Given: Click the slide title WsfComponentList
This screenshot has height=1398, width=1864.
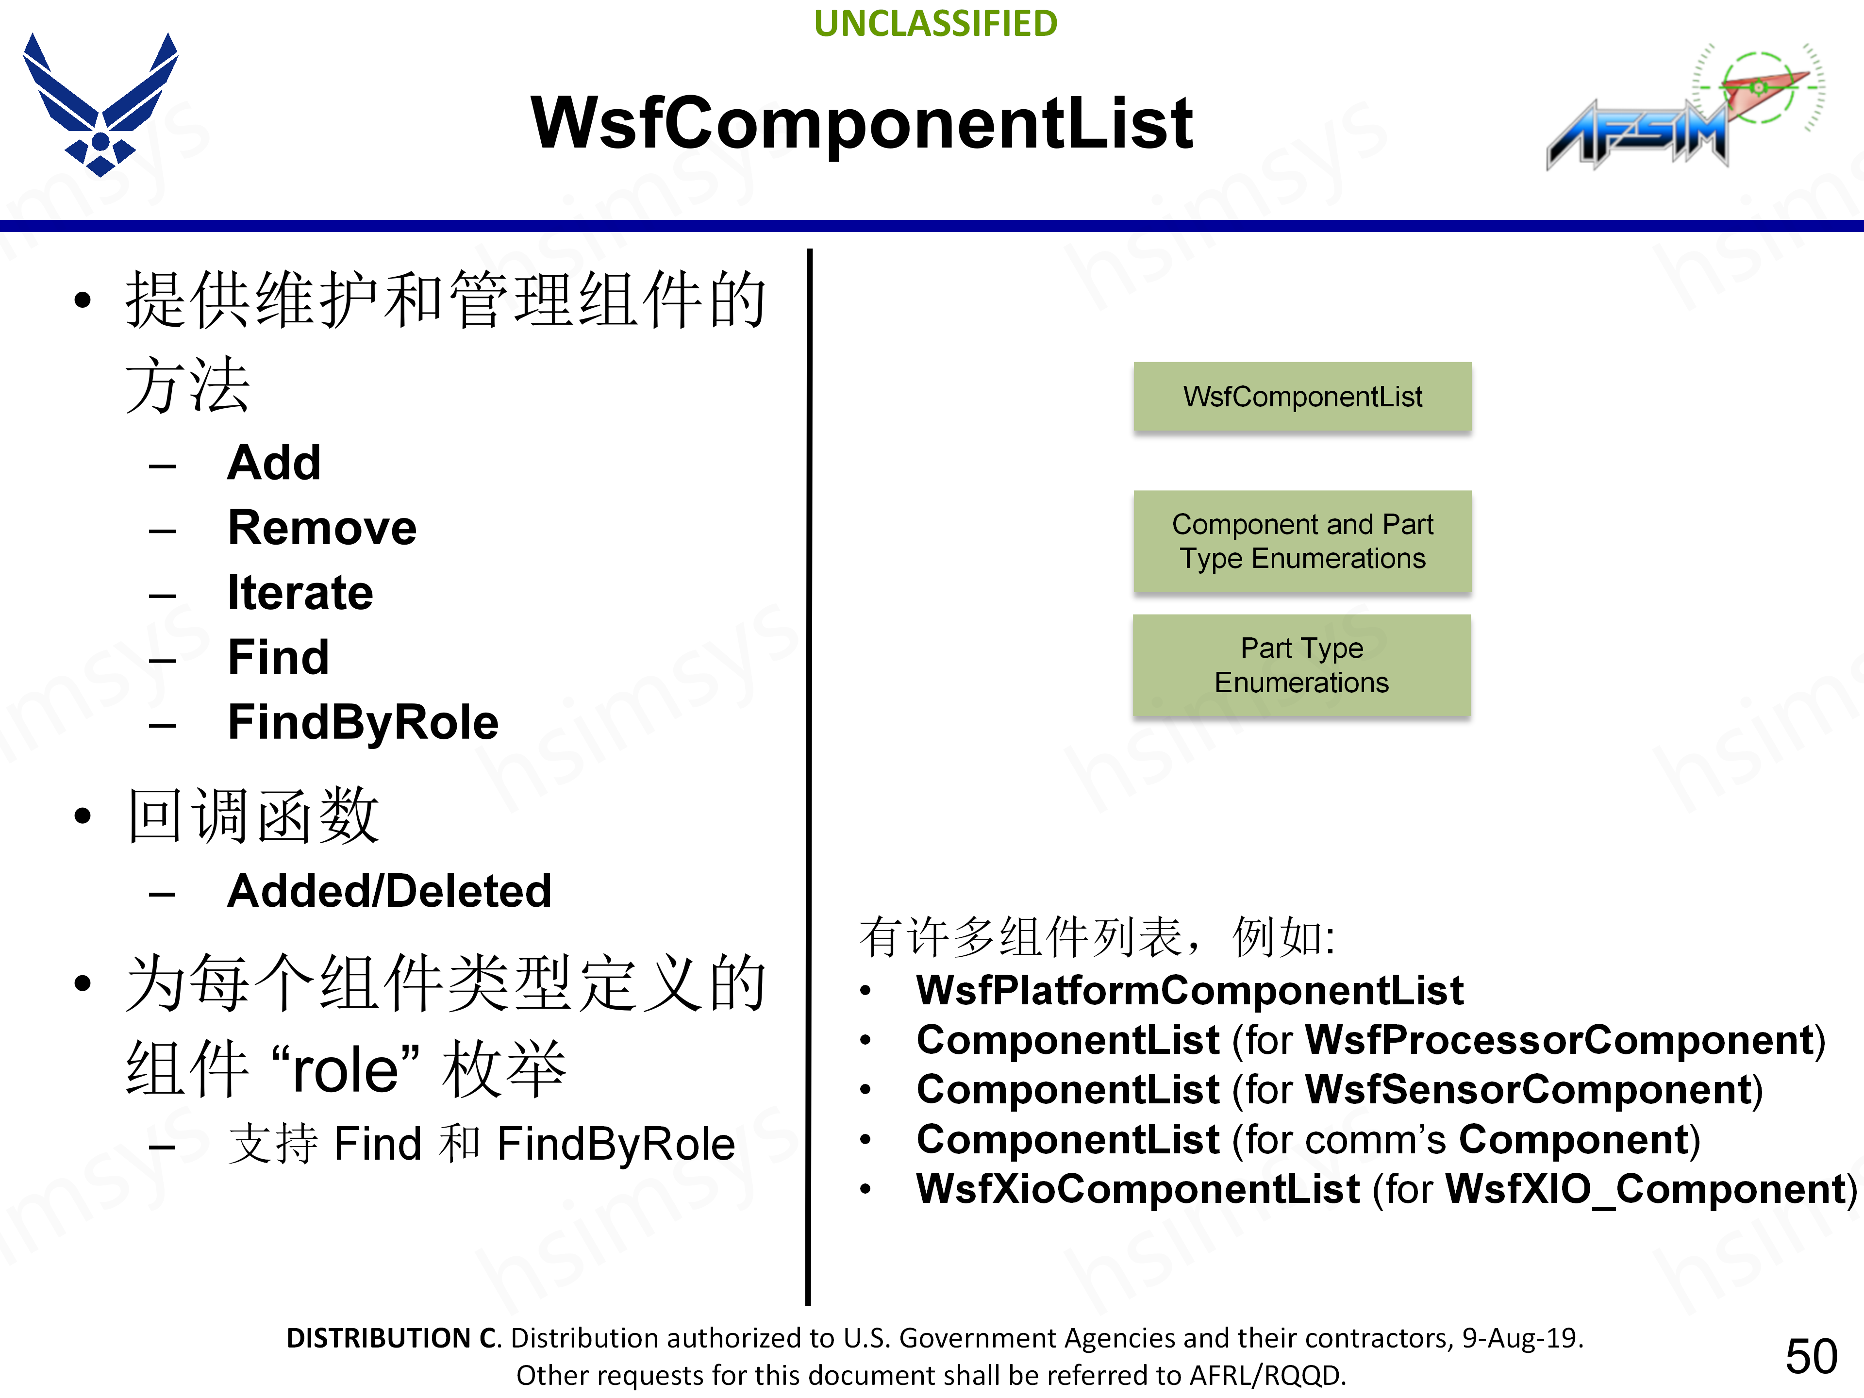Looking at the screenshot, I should click(x=861, y=123).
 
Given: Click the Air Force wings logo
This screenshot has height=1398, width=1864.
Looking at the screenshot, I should click(x=100, y=104).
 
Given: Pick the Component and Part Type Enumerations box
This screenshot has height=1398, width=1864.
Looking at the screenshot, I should click(x=1302, y=541).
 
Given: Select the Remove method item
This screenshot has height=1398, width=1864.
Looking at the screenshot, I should click(x=322, y=528).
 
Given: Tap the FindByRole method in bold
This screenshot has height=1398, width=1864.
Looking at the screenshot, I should click(x=363, y=722).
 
